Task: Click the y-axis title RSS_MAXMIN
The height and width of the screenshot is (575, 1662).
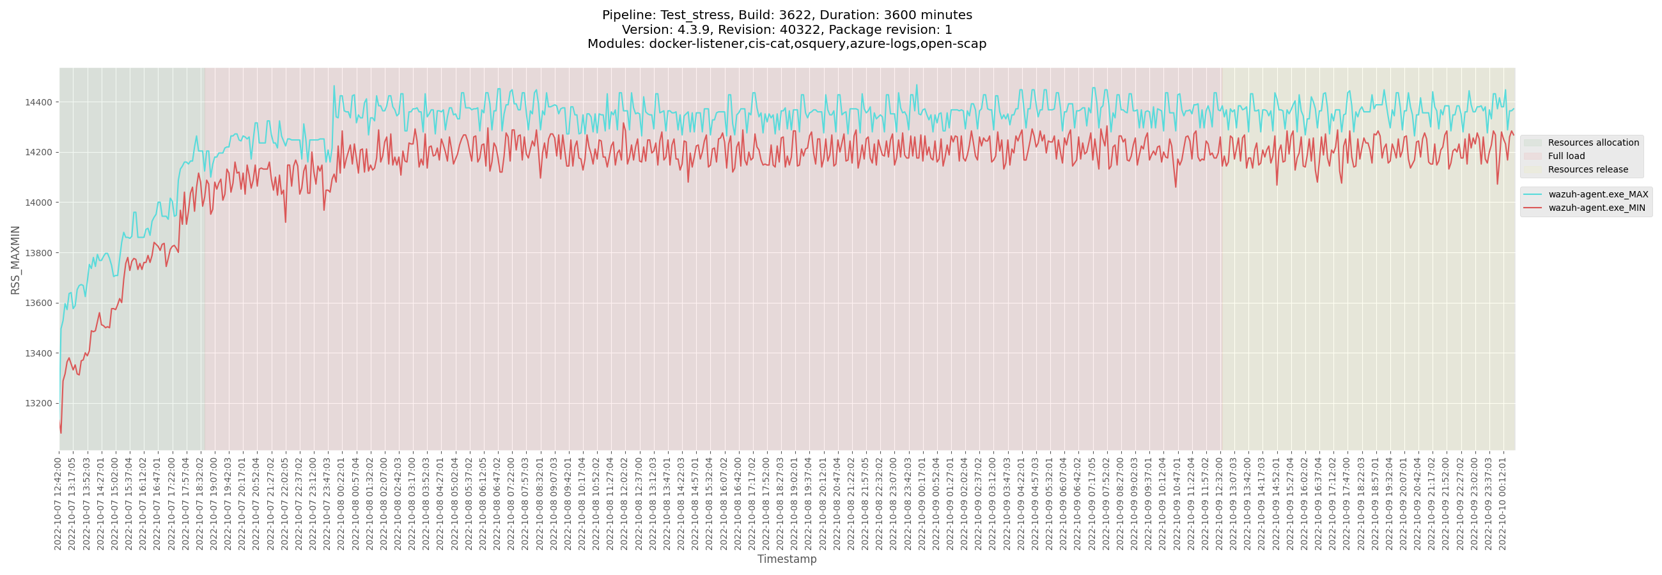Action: point(15,260)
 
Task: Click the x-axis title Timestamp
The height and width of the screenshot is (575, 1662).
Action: point(786,560)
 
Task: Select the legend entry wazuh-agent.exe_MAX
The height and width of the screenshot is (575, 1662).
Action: point(1597,195)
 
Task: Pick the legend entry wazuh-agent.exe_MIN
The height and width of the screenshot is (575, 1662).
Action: point(1596,208)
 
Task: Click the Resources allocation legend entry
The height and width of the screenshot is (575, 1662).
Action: point(1592,143)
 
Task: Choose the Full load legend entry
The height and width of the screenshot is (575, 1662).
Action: point(1566,157)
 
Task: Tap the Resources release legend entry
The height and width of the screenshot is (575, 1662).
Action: point(1587,170)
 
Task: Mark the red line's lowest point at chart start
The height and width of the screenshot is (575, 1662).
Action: point(61,433)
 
